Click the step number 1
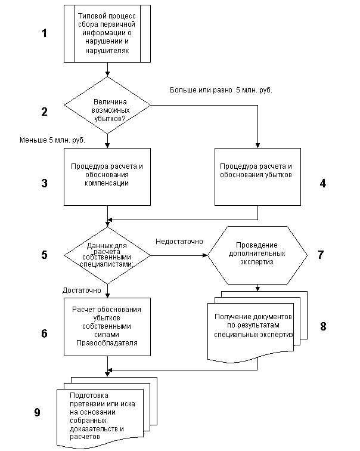pos(44,33)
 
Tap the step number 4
pos(323,183)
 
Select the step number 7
pos(321,255)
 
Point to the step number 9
pos(38,412)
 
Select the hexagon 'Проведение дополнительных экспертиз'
pos(257,255)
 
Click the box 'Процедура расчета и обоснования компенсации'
pos(107,177)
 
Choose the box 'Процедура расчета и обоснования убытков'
pos(257,177)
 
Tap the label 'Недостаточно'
pos(179,242)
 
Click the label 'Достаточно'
pos(82,291)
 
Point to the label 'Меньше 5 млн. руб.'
pos(52,140)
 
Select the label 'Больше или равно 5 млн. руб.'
pos(221,90)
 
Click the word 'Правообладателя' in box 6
pos(107,343)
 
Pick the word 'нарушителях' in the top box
pos(107,51)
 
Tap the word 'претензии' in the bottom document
pos(86,404)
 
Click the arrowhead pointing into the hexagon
pos(205,255)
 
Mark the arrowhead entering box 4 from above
pos(257,146)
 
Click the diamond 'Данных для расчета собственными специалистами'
pos(107,255)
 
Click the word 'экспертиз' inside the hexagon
pos(256,262)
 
